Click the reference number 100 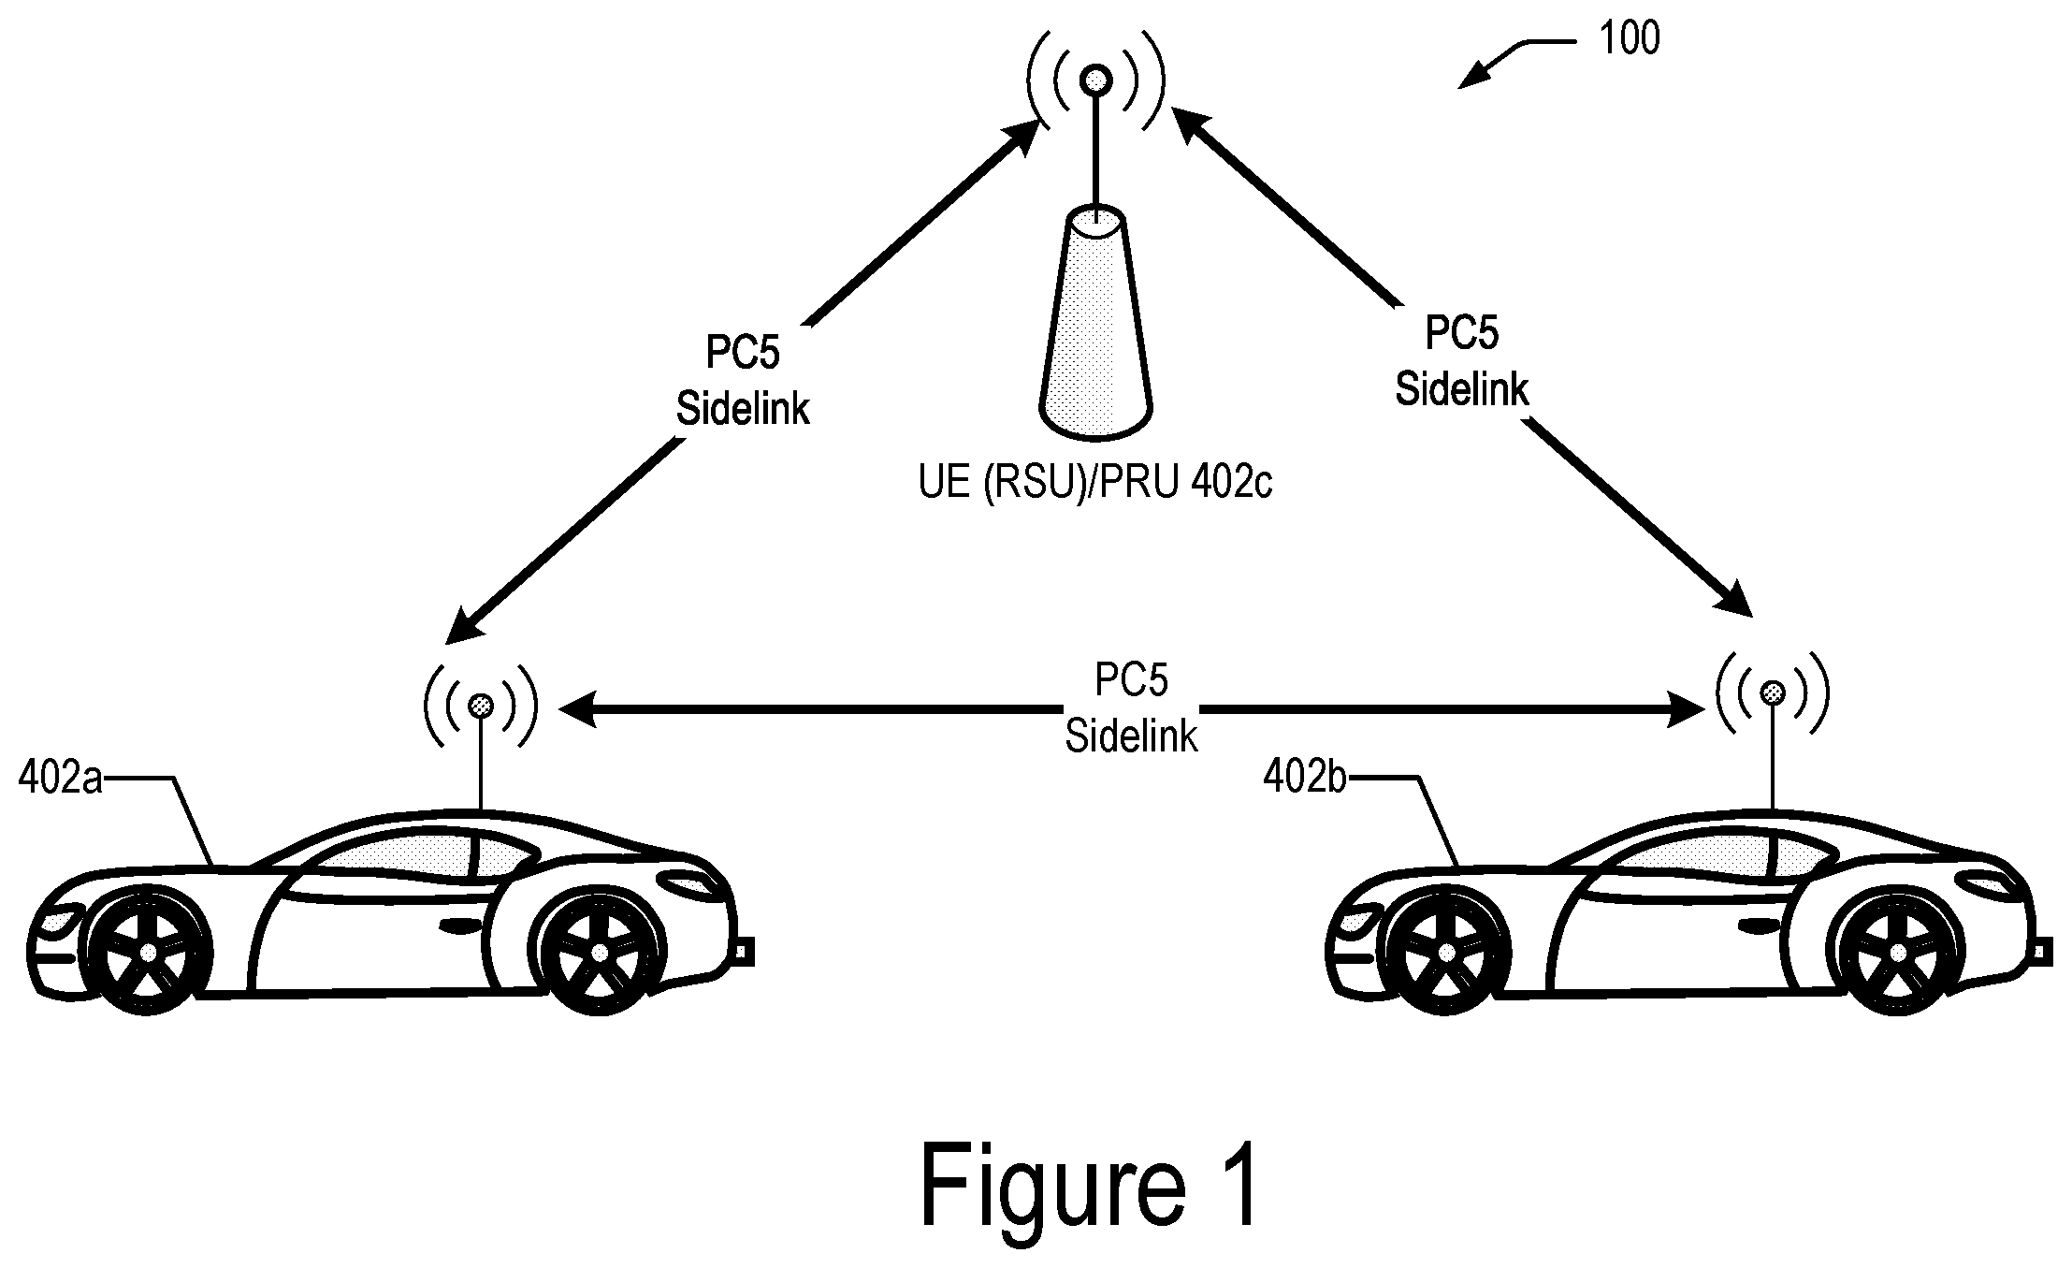[x=1630, y=38]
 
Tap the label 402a [x=60, y=779]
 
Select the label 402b [x=1305, y=777]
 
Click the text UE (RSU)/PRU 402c [x=1095, y=484]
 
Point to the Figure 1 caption [x=1090, y=1184]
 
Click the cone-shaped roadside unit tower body [x=1095, y=324]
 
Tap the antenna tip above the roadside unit [x=1094, y=80]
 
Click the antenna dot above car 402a [x=481, y=706]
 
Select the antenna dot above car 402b [x=1773, y=692]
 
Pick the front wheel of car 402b [x=1446, y=952]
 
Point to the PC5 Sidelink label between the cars [x=1131, y=708]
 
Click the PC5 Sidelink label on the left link [x=743, y=381]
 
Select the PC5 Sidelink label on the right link [x=1461, y=360]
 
